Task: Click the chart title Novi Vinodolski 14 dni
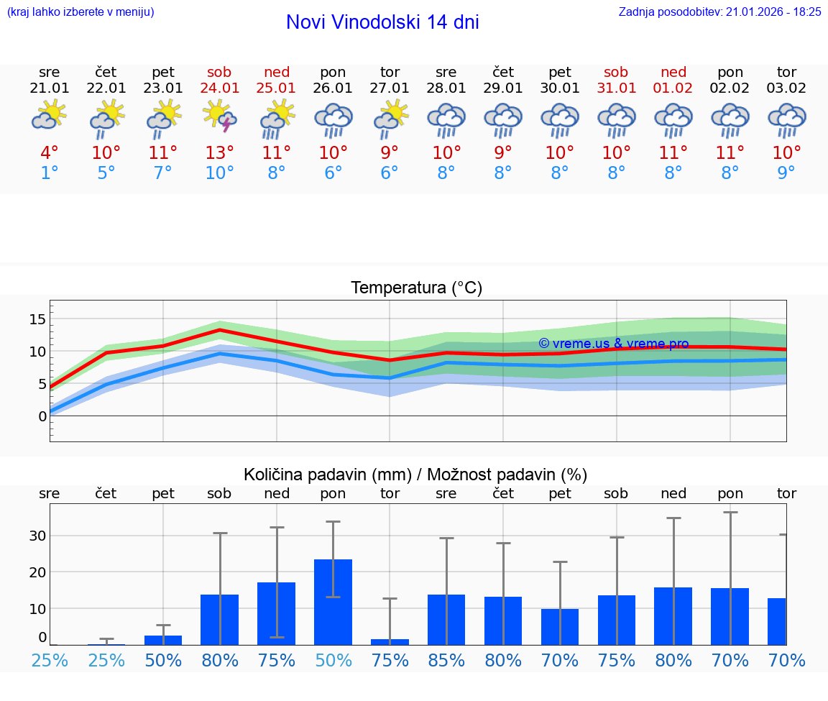pyautogui.click(x=382, y=22)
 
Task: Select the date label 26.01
pyautogui.click(x=333, y=88)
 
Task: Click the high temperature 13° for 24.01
pyautogui.click(x=220, y=153)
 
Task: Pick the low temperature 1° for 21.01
pyautogui.click(x=50, y=173)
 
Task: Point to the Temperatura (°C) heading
pyautogui.click(x=416, y=288)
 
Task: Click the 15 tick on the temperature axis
pyautogui.click(x=37, y=319)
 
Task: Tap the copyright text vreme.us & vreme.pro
pyautogui.click(x=613, y=344)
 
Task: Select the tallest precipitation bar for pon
pyautogui.click(x=333, y=602)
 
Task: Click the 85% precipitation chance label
pyautogui.click(x=446, y=661)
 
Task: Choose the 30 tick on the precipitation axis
pyautogui.click(x=37, y=536)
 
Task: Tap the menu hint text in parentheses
pyautogui.click(x=80, y=12)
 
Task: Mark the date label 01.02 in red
pyautogui.click(x=673, y=88)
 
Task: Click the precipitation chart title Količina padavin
pyautogui.click(x=415, y=475)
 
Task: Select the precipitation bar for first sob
pyautogui.click(x=220, y=620)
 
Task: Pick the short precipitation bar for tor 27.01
pyautogui.click(x=390, y=641)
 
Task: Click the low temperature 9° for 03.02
pyautogui.click(x=787, y=173)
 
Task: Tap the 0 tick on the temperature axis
pyautogui.click(x=42, y=416)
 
